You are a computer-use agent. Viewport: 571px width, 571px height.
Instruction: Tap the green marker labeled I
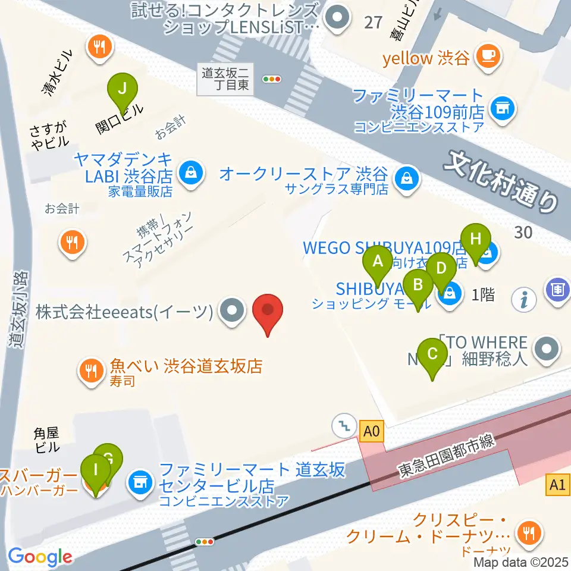point(95,473)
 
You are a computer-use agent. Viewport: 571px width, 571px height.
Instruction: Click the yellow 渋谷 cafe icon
point(489,57)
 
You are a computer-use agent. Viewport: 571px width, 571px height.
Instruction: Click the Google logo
point(40,557)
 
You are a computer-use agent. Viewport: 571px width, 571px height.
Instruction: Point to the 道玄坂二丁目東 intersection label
point(227,79)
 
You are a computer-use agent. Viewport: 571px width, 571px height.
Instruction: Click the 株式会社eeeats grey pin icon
point(231,310)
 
